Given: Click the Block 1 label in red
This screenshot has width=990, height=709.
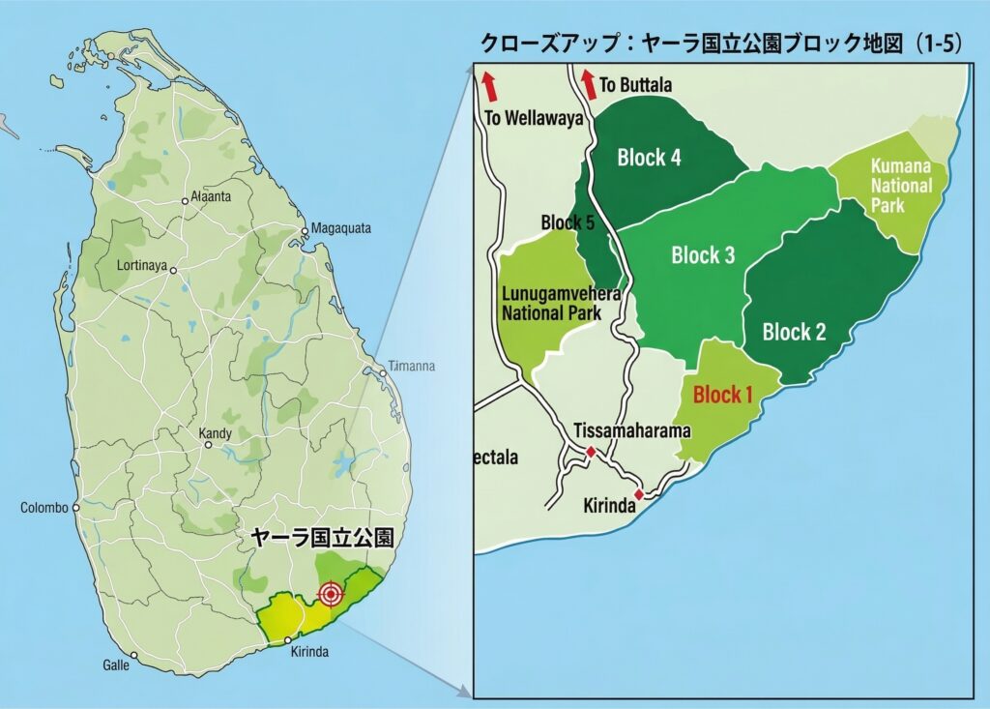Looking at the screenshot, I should [x=723, y=395].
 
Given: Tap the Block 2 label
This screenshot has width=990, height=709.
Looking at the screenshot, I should [x=794, y=333].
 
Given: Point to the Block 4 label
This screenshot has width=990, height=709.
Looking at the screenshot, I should [x=649, y=158].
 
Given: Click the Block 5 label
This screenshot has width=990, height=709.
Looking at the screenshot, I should [x=568, y=222].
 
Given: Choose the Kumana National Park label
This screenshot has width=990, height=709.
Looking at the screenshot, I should [x=901, y=185].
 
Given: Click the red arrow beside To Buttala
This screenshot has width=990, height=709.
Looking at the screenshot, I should [x=587, y=84].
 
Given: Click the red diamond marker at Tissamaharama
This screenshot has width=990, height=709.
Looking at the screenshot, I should [x=591, y=452].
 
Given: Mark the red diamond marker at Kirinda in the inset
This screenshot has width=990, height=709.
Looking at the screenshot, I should [x=638, y=494].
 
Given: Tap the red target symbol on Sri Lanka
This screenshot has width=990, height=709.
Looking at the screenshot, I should [x=331, y=594].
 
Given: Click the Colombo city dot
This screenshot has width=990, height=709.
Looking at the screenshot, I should [x=73, y=507].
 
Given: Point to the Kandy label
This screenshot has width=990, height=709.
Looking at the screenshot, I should [x=215, y=433].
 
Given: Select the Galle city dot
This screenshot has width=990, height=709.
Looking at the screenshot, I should [x=134, y=656].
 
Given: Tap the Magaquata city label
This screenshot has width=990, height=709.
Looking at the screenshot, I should [x=340, y=228].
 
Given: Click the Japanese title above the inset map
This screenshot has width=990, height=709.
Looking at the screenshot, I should [x=721, y=44].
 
